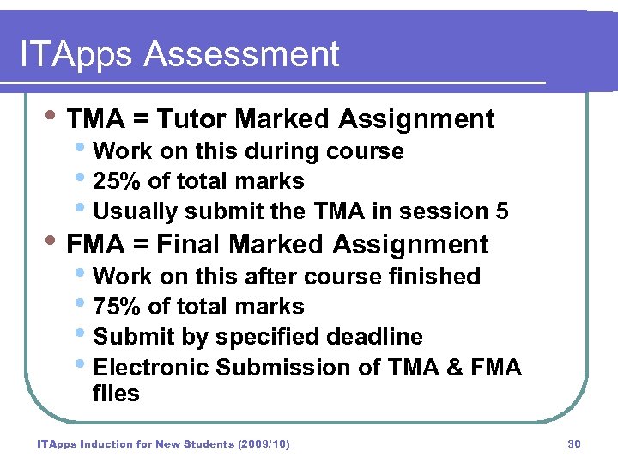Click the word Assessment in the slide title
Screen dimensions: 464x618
tap(242, 55)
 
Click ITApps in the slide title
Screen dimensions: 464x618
tap(77, 55)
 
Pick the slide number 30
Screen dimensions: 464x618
tap(574, 444)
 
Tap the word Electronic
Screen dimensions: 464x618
tap(151, 368)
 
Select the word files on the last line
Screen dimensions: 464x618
tap(116, 394)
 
